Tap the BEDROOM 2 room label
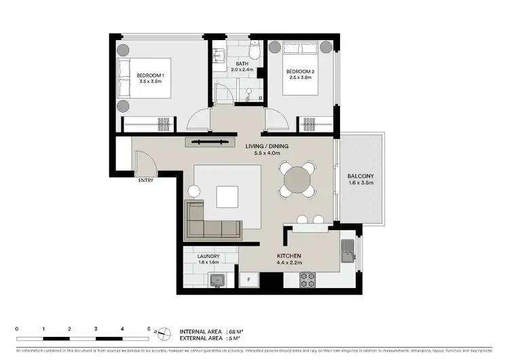(299, 71)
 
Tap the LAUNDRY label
(208, 256)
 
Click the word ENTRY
(146, 181)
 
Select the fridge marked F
(249, 279)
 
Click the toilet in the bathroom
(254, 52)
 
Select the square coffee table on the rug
(228, 197)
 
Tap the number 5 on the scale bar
(149, 329)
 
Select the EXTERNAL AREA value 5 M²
(231, 338)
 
